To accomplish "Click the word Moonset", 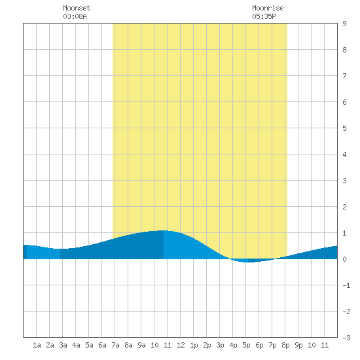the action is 77,8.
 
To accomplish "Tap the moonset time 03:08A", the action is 75,16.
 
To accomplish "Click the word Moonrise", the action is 268,8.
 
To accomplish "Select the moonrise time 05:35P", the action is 264,16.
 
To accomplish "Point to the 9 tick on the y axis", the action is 344,24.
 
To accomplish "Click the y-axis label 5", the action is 344,128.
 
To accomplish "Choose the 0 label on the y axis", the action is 344,259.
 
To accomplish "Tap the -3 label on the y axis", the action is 346,338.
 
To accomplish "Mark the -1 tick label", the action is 346,285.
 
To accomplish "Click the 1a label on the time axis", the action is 37,345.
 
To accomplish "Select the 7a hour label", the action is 115,345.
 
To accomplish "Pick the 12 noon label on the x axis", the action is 181,345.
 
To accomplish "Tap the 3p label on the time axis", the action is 220,345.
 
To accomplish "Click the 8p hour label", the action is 285,345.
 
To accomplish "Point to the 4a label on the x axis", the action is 76,345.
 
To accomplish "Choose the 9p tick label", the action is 298,345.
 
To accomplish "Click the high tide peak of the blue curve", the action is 164,230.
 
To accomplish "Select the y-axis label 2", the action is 344,207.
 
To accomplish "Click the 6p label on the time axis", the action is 259,345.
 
